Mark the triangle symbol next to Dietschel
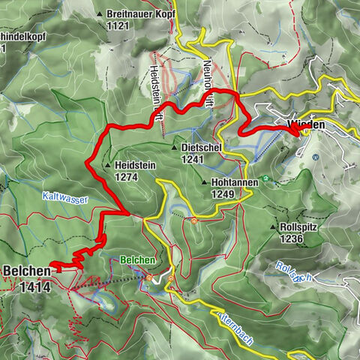point(174,148)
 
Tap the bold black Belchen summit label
point(26,269)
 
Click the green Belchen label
point(137,259)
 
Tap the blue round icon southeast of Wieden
point(316,157)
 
